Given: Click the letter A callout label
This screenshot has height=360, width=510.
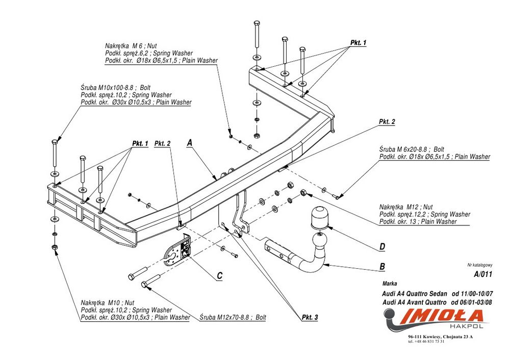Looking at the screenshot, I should [x=189, y=143].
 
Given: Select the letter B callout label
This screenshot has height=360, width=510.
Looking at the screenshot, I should [x=382, y=266].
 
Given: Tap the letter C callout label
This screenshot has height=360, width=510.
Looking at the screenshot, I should [x=219, y=276].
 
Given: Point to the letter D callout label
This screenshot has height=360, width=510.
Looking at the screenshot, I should [x=382, y=247].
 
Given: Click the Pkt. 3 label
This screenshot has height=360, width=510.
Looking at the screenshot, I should [x=310, y=317].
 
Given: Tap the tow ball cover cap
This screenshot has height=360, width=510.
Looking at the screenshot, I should [x=318, y=218].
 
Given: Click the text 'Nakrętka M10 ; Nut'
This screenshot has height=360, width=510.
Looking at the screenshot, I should [x=108, y=303].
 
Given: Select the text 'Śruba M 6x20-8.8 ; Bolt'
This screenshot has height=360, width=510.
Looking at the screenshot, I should [x=412, y=150].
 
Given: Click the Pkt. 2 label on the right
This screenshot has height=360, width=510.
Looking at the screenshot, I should [x=387, y=122].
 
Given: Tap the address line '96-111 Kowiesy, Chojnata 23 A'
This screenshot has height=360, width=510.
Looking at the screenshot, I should [x=440, y=337].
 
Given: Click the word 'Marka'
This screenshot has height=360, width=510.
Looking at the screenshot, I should [x=389, y=283].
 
